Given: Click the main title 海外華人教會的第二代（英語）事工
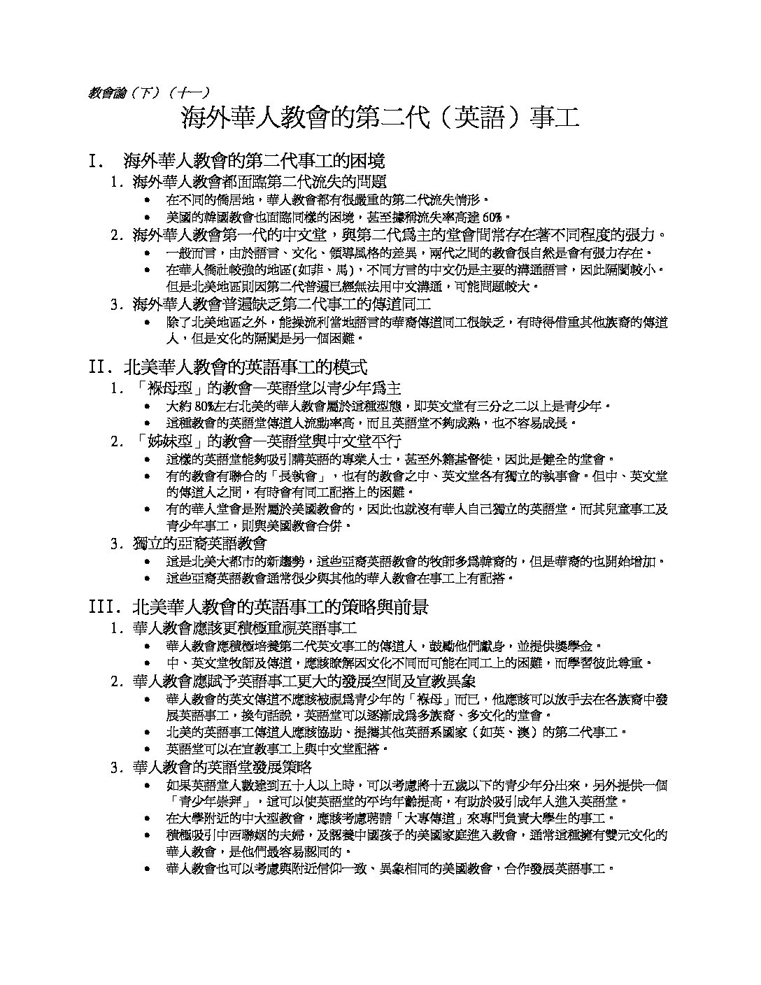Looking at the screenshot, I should tap(380, 118).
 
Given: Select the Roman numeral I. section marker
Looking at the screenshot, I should tap(97, 162).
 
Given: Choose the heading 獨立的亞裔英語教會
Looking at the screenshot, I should tap(199, 543).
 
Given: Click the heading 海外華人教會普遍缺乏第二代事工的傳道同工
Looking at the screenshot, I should tap(282, 304).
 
